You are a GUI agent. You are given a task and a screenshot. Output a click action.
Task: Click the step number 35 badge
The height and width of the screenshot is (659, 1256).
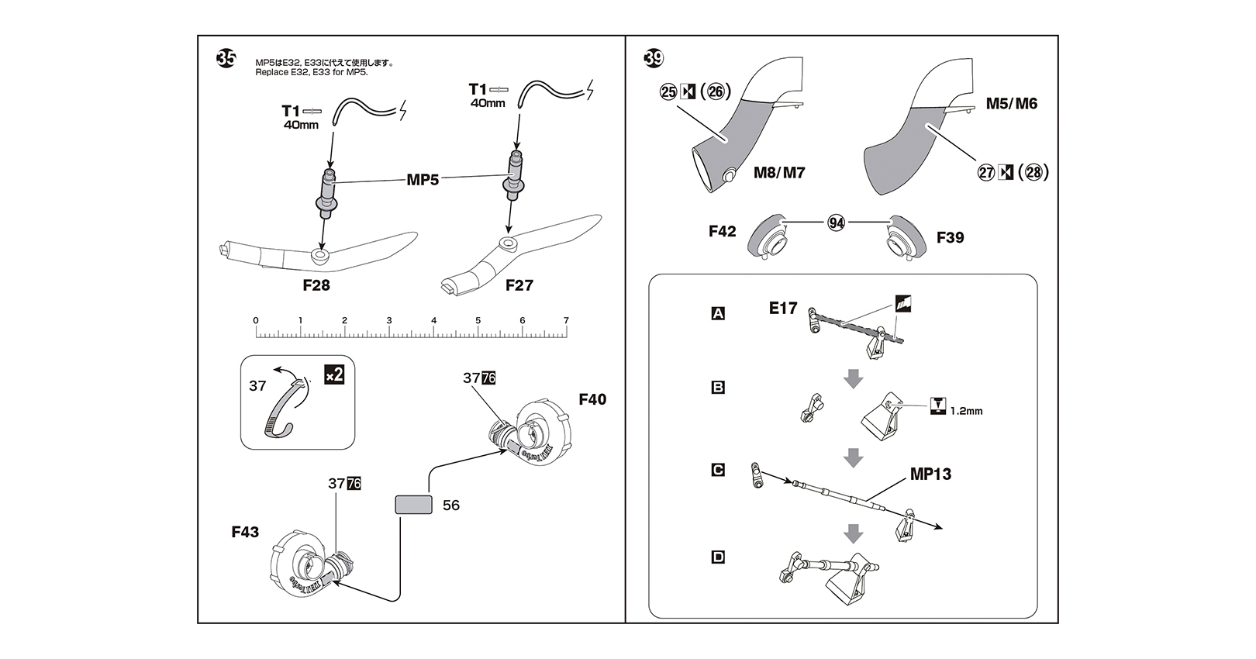pos(226,59)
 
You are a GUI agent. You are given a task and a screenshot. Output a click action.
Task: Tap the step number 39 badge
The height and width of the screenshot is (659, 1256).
pos(654,58)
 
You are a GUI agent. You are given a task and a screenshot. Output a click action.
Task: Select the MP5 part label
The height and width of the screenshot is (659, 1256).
pos(423,180)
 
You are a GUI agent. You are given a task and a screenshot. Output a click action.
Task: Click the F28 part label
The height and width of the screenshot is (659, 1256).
pos(316,285)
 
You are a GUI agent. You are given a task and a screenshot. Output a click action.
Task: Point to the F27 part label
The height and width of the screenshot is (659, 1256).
pos(519,285)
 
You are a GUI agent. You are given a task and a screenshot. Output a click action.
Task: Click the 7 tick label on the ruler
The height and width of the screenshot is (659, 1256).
pos(566,320)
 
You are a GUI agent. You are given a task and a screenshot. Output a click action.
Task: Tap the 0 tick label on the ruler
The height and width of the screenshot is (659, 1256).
pos(256,320)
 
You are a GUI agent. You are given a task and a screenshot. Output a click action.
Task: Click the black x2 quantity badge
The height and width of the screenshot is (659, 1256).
pos(333,375)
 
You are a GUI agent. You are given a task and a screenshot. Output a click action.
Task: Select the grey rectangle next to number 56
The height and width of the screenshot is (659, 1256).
pos(413,505)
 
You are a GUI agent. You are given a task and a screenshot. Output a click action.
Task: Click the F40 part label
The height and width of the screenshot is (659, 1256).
pos(592,399)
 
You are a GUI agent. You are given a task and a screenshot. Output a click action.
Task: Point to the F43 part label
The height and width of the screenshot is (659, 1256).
pos(245,532)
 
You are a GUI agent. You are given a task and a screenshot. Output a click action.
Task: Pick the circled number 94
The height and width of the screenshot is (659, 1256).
pos(836,223)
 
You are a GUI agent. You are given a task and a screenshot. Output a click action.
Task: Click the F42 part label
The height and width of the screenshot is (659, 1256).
pos(722,231)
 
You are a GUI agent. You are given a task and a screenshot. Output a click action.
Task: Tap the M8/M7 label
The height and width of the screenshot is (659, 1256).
pos(779,173)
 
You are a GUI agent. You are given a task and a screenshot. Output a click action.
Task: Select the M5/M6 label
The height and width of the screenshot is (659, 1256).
pos(1011,104)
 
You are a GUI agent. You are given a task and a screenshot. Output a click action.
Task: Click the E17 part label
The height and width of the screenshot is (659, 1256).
pos(783,309)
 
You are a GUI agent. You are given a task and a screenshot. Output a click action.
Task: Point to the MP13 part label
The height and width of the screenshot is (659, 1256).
pos(930,474)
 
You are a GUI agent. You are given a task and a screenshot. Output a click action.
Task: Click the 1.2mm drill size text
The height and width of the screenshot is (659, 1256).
pos(966,411)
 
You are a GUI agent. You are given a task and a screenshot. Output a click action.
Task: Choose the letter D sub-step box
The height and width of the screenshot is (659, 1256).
pos(718,557)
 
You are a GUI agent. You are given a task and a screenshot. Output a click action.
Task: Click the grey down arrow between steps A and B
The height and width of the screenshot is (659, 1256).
pos(853,378)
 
